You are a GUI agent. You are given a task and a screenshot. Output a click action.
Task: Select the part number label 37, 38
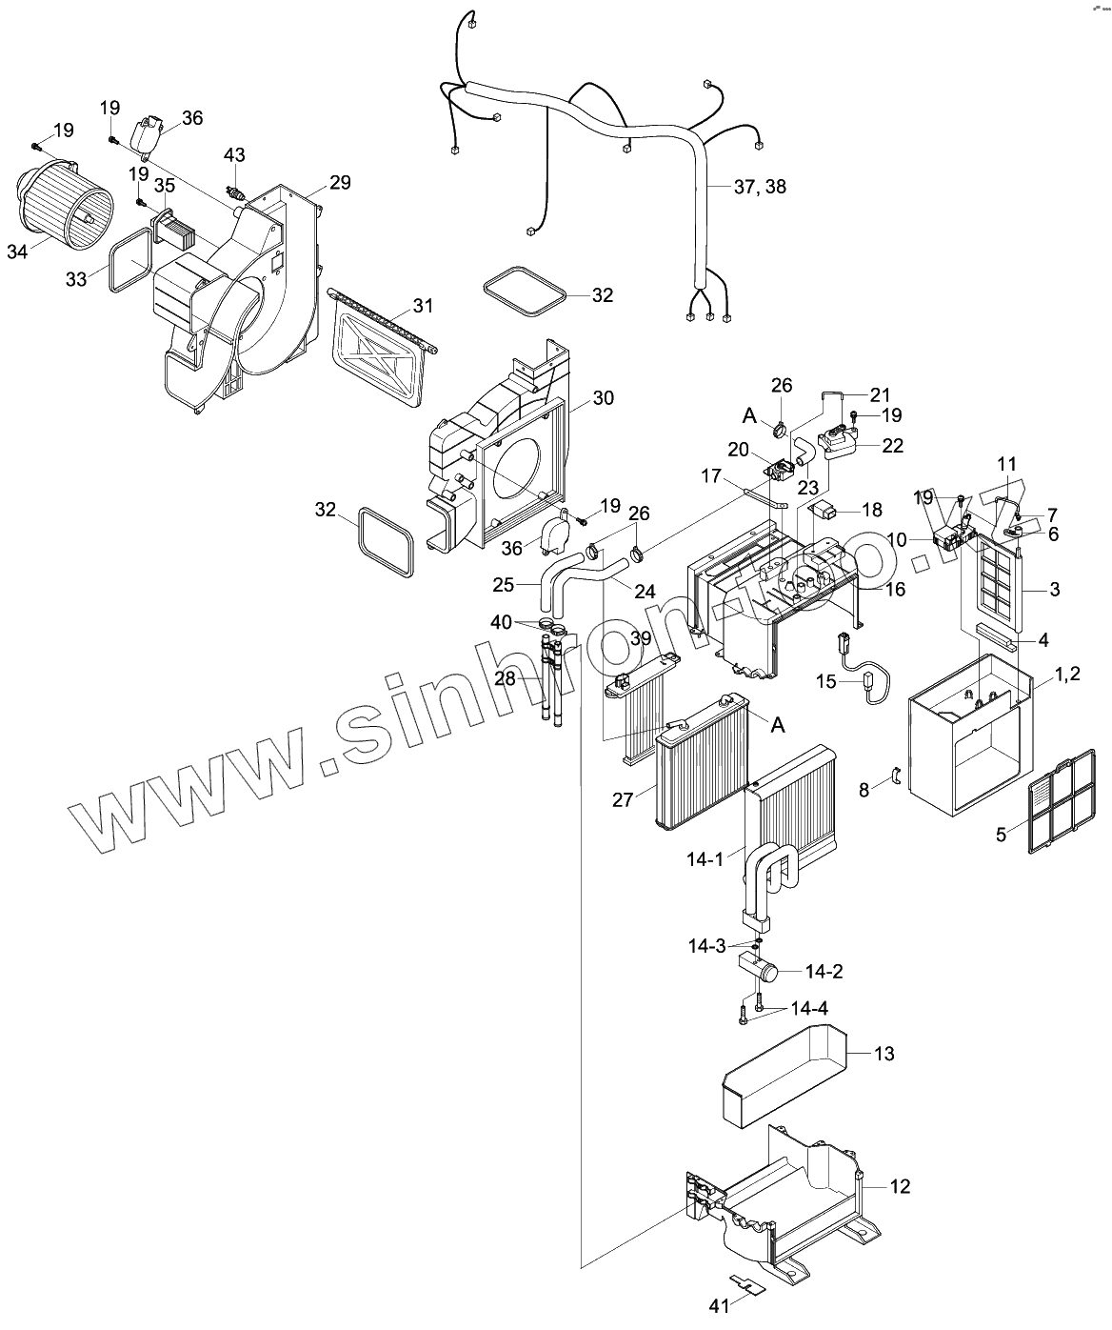pyautogui.click(x=760, y=187)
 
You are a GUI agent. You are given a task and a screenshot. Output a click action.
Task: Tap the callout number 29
pyautogui.click(x=340, y=182)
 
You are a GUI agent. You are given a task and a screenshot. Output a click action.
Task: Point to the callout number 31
pyautogui.click(x=423, y=306)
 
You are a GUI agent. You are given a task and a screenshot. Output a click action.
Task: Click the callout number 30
pyautogui.click(x=603, y=398)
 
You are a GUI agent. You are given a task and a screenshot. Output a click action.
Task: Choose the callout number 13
pyautogui.click(x=884, y=1054)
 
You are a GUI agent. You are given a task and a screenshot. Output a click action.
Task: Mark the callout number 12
pyautogui.click(x=900, y=1186)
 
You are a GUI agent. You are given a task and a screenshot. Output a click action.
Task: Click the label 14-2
pyautogui.click(x=823, y=972)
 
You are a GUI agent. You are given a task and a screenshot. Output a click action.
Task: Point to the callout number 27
pyautogui.click(x=622, y=800)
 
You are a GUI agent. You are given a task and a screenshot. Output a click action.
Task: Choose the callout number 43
pyautogui.click(x=234, y=154)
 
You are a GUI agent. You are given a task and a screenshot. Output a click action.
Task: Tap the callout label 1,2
pyautogui.click(x=1066, y=675)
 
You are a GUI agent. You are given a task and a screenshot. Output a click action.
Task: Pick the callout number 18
pyautogui.click(x=873, y=511)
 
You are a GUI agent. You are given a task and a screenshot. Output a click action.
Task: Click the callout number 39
pyautogui.click(x=640, y=637)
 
